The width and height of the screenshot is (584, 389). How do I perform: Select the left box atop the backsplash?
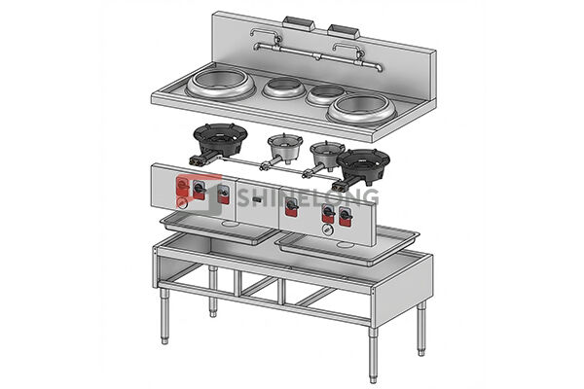coord(295,21)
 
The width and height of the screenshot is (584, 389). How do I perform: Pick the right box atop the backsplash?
coord(343,30)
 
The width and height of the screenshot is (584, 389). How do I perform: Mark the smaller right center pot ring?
coord(323,94)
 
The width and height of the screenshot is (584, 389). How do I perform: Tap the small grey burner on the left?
coord(282,146)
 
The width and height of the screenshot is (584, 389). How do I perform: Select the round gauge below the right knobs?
coord(327,230)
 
